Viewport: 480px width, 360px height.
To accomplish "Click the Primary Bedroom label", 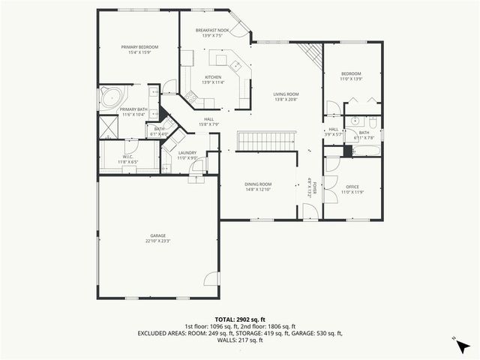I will pyautogui.click(x=139, y=46).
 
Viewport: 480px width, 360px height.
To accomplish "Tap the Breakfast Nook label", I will pyautogui.click(x=211, y=31).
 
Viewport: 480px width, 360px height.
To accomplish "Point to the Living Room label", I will pyautogui.click(x=286, y=94).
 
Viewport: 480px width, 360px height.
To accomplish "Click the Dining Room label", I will pyautogui.click(x=258, y=184).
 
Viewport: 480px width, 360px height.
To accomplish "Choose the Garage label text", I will pyautogui.click(x=157, y=235).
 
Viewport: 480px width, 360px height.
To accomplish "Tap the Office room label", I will pyautogui.click(x=352, y=186).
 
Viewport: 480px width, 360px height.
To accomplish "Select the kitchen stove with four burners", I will pyautogui.click(x=190, y=95).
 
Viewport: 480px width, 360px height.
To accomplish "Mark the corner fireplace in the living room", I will pyautogui.click(x=310, y=54).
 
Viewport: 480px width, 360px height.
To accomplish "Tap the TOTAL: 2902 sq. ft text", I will pyautogui.click(x=240, y=319).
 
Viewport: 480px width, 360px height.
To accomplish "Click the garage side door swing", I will pyautogui.click(x=213, y=276).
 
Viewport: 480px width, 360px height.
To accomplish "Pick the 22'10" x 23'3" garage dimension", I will pyautogui.click(x=157, y=241).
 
